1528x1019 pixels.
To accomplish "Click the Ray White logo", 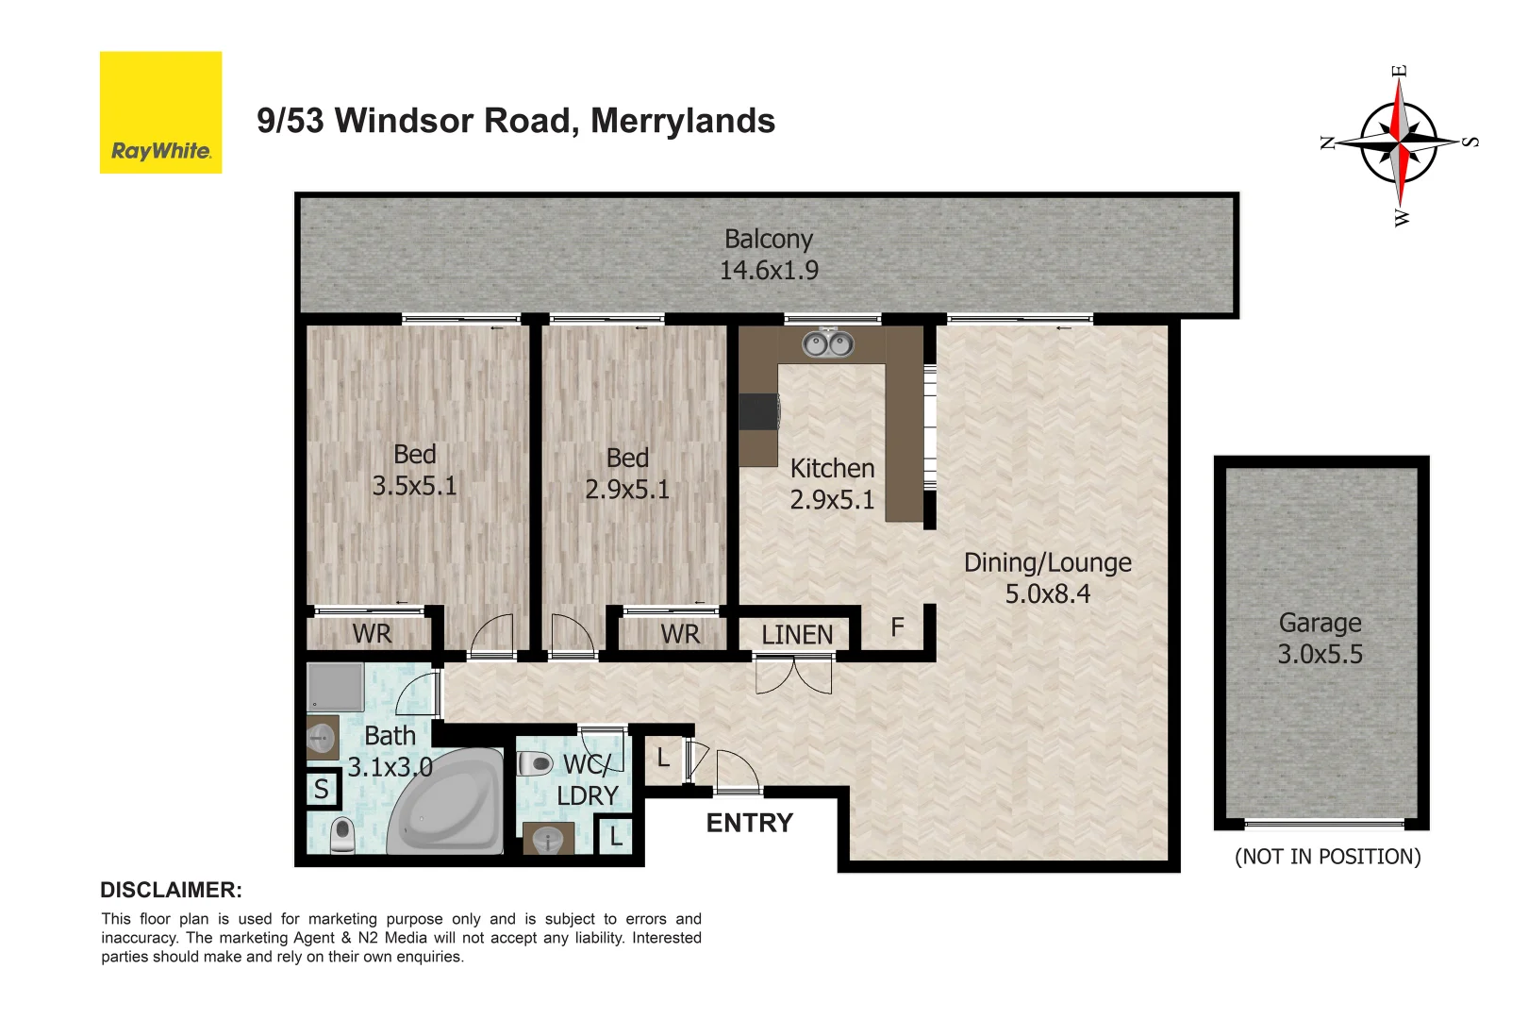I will point(160,112).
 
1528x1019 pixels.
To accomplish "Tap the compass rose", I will point(1399,142).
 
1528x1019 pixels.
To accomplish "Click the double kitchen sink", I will point(827,344).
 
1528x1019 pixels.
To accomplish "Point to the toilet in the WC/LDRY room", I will point(535,762).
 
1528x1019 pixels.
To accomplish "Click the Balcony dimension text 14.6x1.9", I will point(769,271).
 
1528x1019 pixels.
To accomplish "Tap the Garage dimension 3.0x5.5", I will point(1320,654).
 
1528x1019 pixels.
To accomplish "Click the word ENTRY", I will point(750,823).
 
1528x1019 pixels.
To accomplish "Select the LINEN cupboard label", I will point(797,635).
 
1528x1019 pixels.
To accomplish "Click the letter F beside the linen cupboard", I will point(897,626).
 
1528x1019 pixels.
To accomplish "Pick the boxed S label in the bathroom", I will point(322,789).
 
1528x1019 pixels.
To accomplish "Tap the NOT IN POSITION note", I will point(1327,857).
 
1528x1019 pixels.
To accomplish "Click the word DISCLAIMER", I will point(171,890).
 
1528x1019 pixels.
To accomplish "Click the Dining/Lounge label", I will point(1047,562).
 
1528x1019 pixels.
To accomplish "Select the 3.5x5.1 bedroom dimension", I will point(414,486).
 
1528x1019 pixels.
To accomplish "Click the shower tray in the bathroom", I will point(335,686).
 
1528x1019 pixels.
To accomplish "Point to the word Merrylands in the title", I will point(682,121).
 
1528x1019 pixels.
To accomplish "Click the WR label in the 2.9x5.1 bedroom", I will point(680,634).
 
